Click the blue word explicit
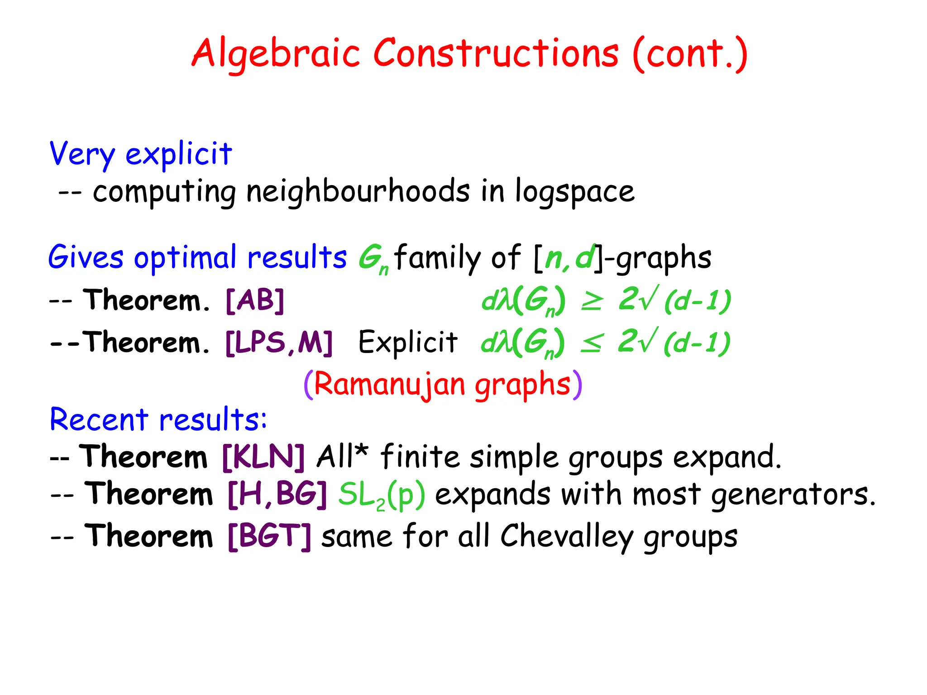178,154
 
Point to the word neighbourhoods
358,191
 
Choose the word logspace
575,192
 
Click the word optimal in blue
185,257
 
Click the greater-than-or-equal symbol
592,301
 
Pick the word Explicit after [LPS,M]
408,343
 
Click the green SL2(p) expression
382,495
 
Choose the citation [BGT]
269,537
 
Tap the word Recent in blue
99,419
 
